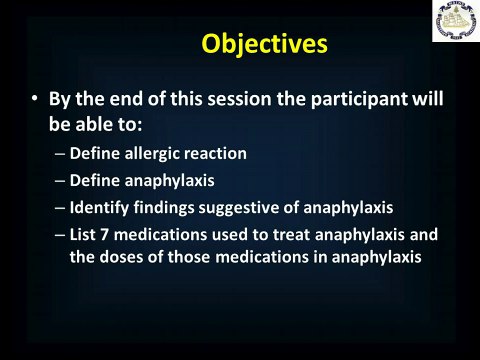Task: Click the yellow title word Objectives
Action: tap(264, 45)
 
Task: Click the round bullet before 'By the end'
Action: tap(35, 101)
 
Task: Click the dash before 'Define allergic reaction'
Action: tap(60, 155)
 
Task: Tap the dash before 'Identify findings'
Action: tap(60, 209)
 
